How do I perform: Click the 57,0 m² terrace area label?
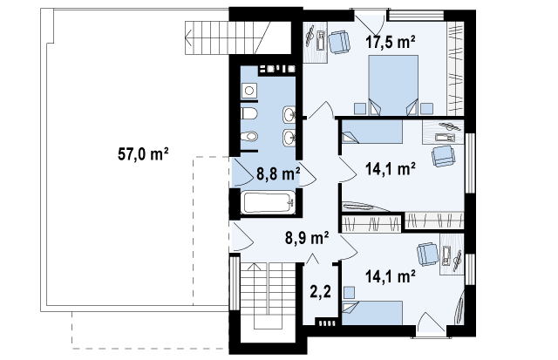click(x=143, y=155)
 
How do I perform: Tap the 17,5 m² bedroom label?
click(x=391, y=42)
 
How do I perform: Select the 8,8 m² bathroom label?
click(x=278, y=174)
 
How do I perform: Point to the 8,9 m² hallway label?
click(x=307, y=238)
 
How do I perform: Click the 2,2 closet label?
click(x=320, y=292)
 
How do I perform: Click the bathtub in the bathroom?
click(x=269, y=203)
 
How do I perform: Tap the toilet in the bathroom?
click(x=249, y=114)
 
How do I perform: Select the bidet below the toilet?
click(x=249, y=136)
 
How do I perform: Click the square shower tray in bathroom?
click(x=249, y=91)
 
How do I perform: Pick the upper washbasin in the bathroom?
click(x=289, y=114)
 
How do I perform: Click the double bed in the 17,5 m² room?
click(x=393, y=85)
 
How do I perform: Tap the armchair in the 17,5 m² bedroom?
click(x=339, y=42)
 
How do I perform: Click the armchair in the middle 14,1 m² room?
click(x=444, y=156)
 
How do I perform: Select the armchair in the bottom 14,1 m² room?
click(x=428, y=254)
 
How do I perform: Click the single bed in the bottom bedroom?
click(x=372, y=313)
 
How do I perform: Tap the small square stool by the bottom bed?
click(x=349, y=293)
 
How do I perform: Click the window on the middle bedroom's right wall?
click(x=470, y=163)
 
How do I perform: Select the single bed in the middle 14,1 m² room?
click(x=372, y=132)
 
